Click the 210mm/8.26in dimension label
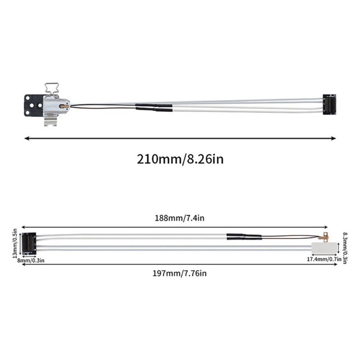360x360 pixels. [180, 159]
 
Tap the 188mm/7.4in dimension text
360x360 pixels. [180, 218]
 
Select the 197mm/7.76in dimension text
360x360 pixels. [180, 273]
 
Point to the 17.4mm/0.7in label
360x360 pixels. [324, 259]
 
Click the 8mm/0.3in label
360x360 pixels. [31, 261]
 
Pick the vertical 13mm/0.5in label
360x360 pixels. [15, 243]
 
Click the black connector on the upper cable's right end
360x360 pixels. [329, 104]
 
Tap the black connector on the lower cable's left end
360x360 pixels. [29, 243]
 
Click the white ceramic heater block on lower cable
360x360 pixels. [324, 248]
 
